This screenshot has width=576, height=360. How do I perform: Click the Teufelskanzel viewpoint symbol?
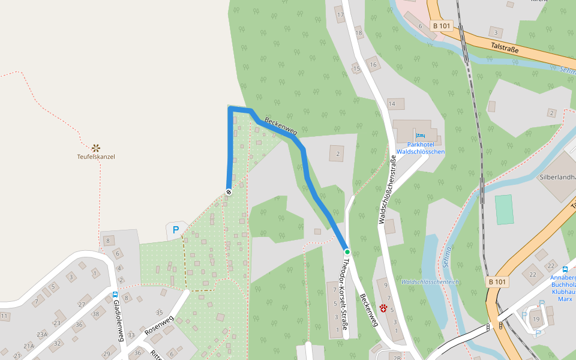click(x=95, y=147)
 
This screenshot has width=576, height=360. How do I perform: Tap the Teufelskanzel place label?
click(x=95, y=157)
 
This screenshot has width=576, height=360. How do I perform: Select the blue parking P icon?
click(x=176, y=229)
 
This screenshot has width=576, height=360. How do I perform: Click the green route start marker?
click(x=347, y=251)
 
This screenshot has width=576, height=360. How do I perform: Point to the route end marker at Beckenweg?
click(x=229, y=191)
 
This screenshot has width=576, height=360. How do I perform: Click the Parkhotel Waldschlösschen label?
click(x=420, y=148)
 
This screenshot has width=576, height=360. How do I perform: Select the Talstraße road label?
click(x=503, y=47)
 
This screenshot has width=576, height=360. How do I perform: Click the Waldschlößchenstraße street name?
click(x=387, y=191)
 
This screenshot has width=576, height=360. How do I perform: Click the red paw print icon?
click(x=383, y=308)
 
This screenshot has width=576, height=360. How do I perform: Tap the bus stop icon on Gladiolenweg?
click(x=115, y=295)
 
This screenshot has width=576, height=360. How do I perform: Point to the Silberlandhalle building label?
click(x=557, y=178)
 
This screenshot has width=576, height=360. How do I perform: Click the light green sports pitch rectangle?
click(x=504, y=209)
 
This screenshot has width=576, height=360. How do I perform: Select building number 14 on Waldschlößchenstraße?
click(x=392, y=104)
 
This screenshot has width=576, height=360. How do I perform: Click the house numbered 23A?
click(x=41, y=334)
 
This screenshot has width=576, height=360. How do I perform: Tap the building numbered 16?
click(x=373, y=65)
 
